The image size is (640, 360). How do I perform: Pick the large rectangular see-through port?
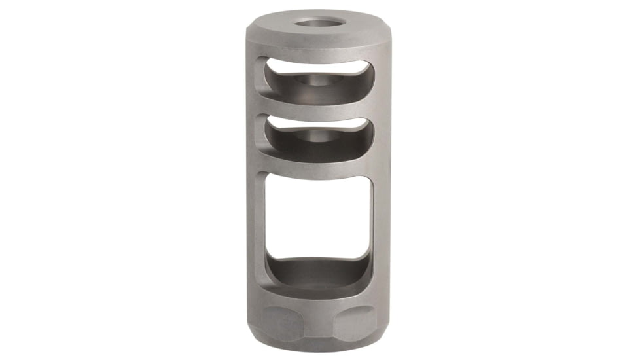[319, 216]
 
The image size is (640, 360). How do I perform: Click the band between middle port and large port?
[319, 166]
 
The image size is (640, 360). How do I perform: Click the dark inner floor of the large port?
[319, 272]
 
